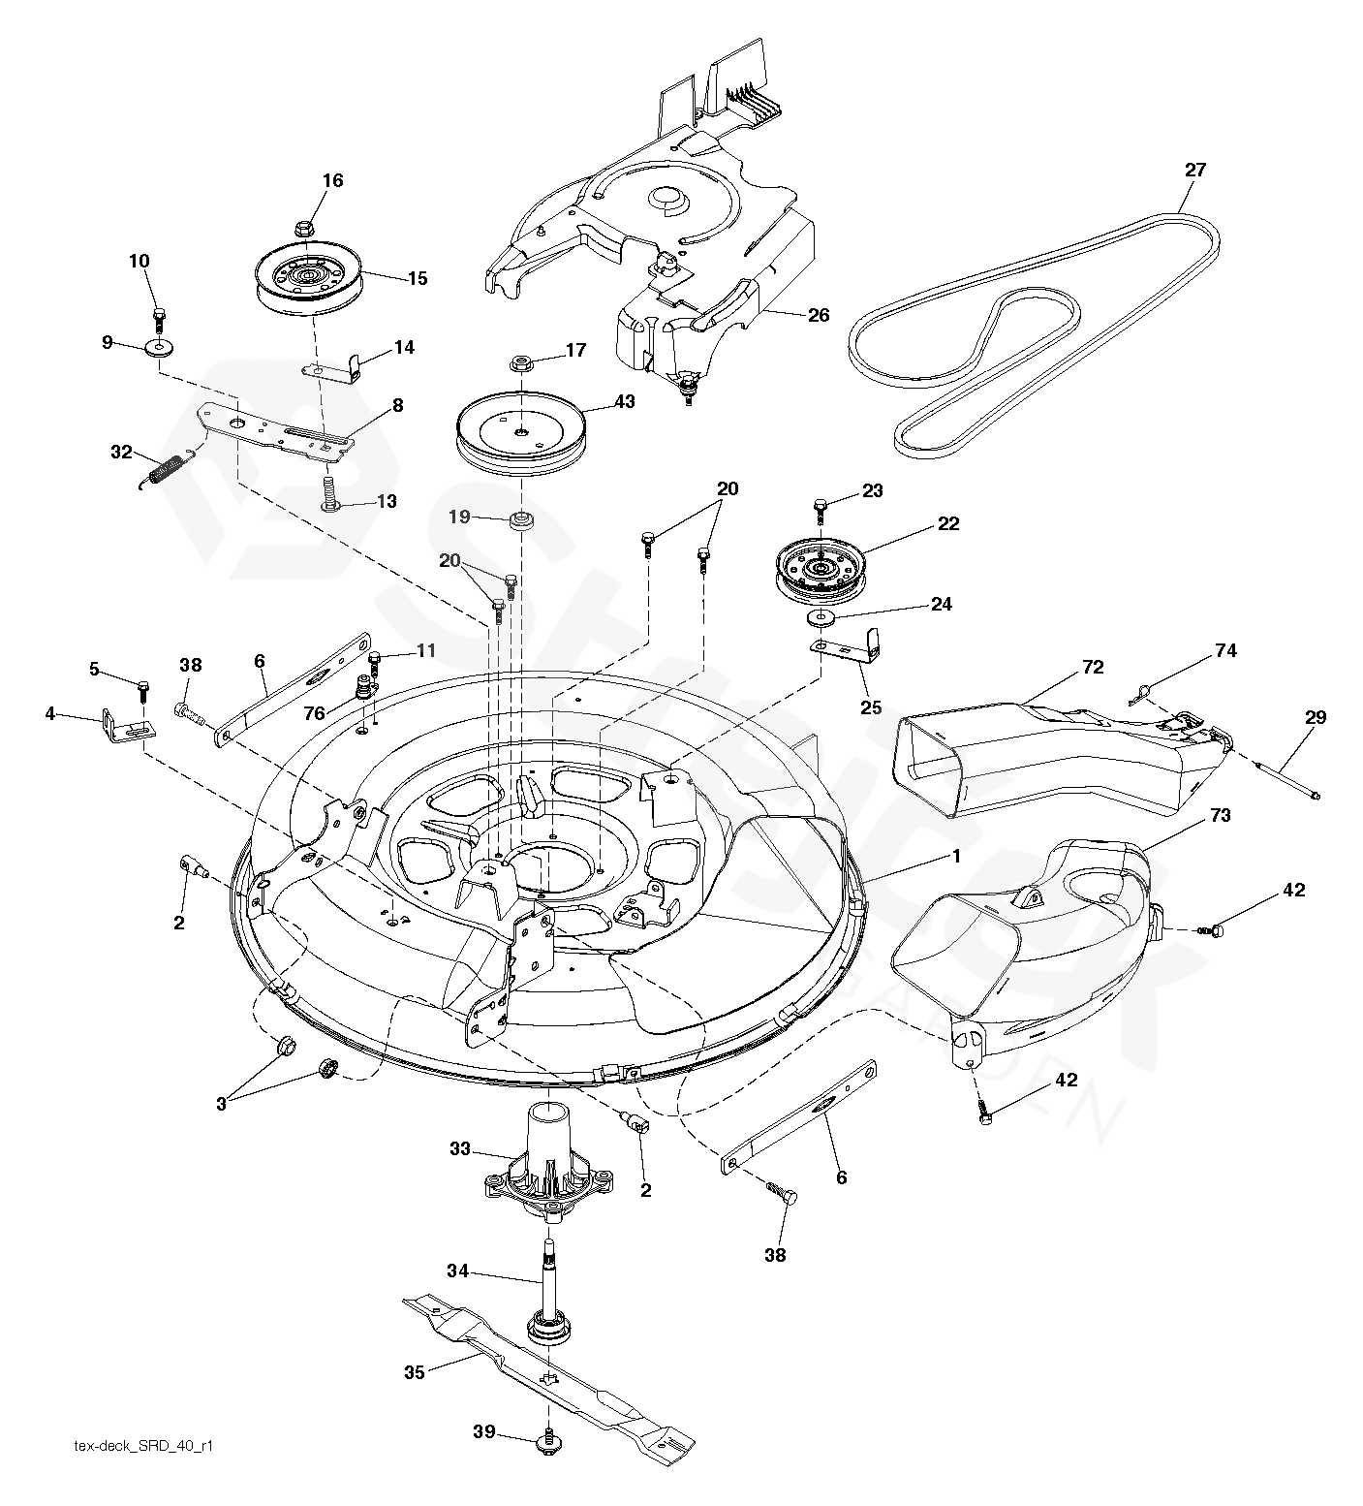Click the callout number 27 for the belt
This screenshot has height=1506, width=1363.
[1195, 171]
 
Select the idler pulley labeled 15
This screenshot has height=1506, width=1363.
[308, 274]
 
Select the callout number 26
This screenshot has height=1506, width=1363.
[819, 316]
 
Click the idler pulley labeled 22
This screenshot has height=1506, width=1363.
[820, 571]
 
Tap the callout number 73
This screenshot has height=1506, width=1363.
[1220, 816]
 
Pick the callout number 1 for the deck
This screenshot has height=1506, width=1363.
[956, 857]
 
